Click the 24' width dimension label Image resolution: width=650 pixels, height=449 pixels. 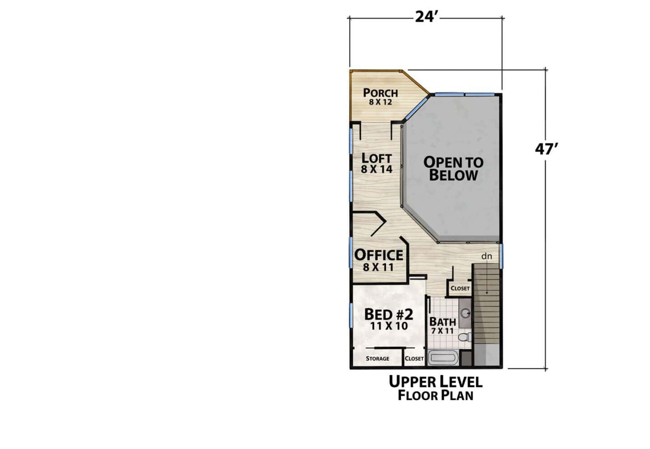[426, 17]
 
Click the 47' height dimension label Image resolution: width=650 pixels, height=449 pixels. [546, 149]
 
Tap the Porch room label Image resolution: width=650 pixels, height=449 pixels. [381, 93]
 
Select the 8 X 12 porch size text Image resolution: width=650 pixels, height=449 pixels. [381, 102]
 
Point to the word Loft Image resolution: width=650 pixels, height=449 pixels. [376, 158]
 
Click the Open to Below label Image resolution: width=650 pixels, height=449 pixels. [453, 169]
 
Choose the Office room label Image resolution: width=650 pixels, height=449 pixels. [379, 255]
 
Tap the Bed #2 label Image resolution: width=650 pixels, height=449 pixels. [389, 314]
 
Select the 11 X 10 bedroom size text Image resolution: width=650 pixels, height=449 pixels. [389, 326]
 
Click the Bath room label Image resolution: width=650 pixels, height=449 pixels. [442, 322]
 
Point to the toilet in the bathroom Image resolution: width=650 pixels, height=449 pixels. [464, 337]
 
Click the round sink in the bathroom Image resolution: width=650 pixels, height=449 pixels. [466, 313]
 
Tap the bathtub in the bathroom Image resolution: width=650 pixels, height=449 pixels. [443, 358]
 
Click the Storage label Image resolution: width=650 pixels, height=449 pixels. [377, 358]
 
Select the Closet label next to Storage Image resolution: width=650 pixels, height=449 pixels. [414, 358]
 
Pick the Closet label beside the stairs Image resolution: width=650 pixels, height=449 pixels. [460, 288]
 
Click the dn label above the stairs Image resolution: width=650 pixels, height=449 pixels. [487, 256]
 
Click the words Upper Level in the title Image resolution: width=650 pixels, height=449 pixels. [435, 382]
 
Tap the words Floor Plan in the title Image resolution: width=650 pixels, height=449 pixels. [435, 395]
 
